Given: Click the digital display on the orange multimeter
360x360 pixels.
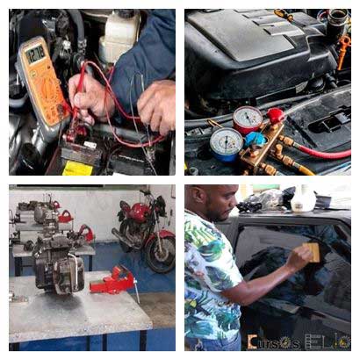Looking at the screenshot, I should click(35, 54).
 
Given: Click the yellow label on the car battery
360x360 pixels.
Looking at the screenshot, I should click(78, 168).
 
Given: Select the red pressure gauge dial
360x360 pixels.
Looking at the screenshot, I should click(248, 119).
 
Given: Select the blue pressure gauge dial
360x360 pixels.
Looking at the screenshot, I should click(227, 143).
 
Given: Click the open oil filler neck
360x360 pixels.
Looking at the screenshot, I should click(336, 17).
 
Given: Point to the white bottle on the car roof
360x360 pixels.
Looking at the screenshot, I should click(303, 199).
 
